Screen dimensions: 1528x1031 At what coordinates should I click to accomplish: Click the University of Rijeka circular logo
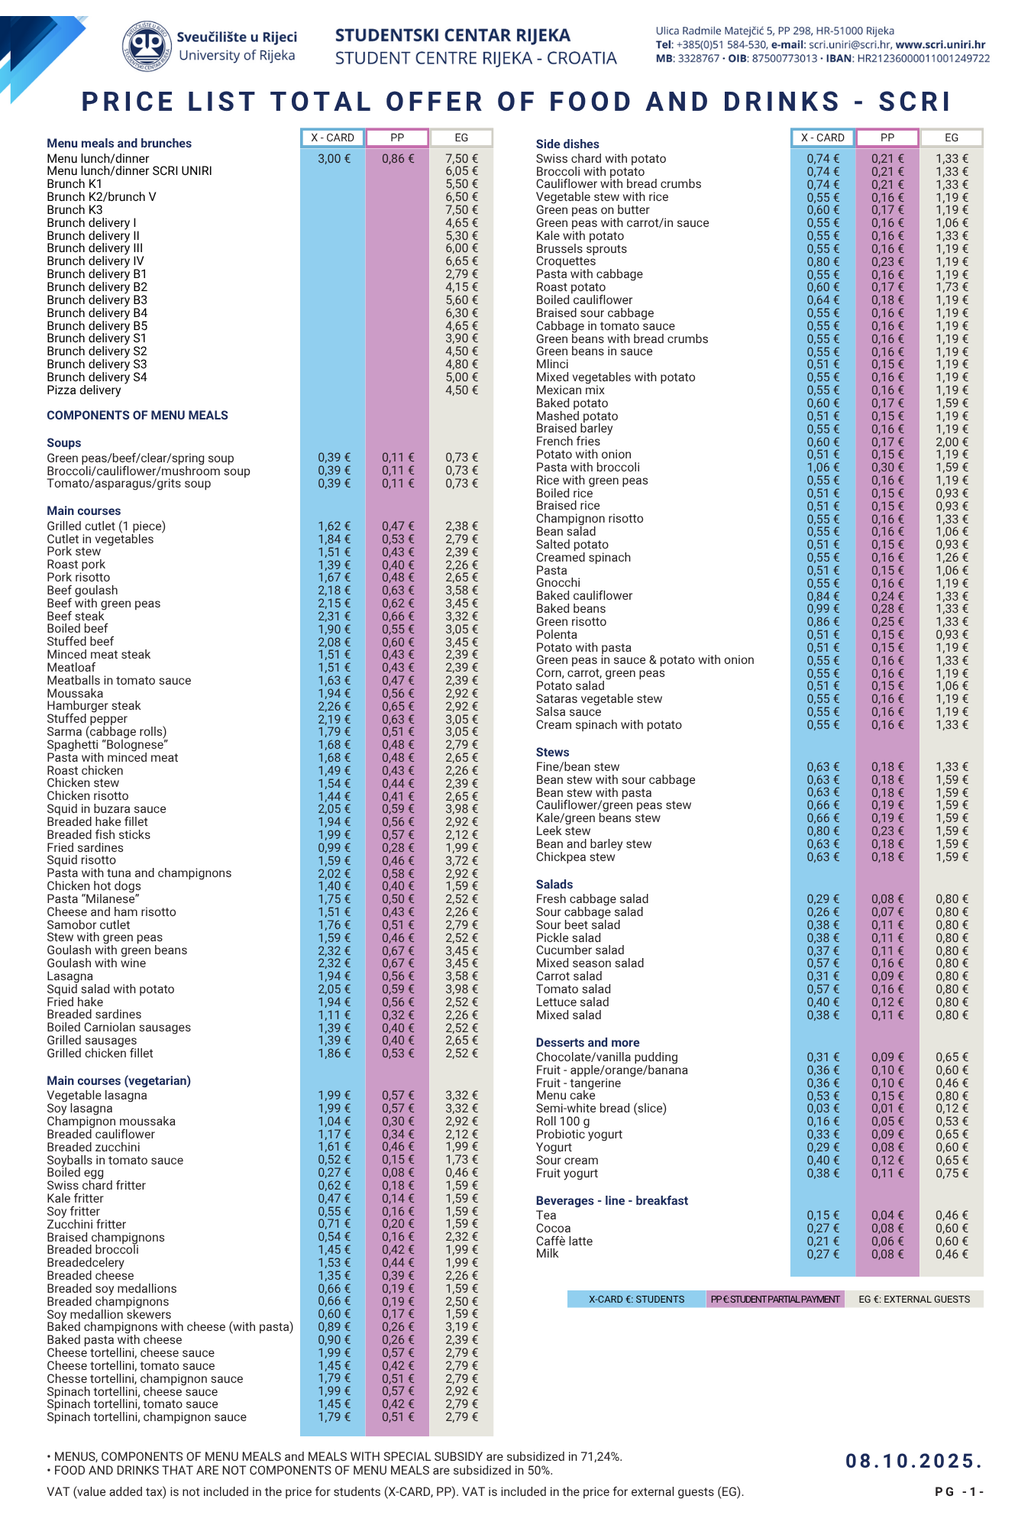tap(147, 46)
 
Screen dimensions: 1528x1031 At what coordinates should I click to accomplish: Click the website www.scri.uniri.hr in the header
tap(940, 44)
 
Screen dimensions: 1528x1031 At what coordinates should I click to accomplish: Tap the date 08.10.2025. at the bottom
tap(913, 1461)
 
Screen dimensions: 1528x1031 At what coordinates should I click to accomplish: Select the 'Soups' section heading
tap(64, 443)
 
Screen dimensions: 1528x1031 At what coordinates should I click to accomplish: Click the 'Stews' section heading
tap(552, 752)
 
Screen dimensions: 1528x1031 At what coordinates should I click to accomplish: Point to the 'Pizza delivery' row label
tap(84, 390)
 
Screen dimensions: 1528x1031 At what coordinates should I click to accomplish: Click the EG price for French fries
tap(952, 442)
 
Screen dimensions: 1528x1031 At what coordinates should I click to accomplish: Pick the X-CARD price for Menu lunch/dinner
tap(335, 159)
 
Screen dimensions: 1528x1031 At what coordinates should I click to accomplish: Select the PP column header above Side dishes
tap(887, 138)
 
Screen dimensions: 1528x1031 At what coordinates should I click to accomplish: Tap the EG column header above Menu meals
tap(461, 138)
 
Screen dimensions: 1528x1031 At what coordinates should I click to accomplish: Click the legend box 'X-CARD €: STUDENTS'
tap(636, 1299)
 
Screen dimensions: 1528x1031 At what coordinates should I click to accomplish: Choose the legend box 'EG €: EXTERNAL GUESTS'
tap(914, 1299)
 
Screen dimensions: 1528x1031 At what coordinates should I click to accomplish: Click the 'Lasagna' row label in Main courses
tap(70, 976)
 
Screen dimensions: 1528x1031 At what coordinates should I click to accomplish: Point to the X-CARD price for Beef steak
tap(335, 616)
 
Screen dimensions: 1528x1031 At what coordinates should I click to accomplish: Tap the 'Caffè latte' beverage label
tap(564, 1241)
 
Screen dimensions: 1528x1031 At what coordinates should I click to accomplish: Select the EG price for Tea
tap(952, 1216)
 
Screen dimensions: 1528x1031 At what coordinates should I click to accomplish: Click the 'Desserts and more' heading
tap(587, 1042)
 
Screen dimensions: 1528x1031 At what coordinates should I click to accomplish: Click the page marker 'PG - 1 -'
tap(959, 1492)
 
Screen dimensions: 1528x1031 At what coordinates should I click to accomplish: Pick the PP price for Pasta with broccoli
tap(887, 468)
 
